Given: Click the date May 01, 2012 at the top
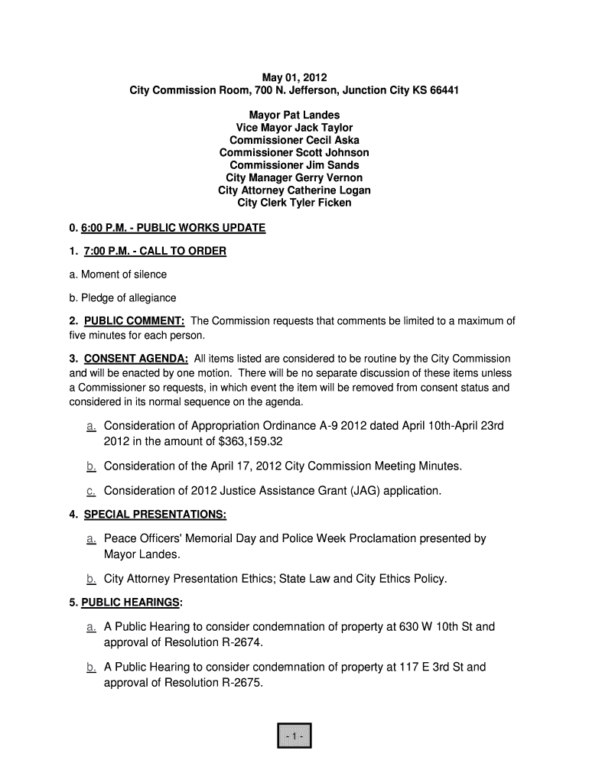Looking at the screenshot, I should coord(294,78).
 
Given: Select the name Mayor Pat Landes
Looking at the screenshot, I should coord(294,115).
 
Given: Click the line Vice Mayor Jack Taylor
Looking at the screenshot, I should coord(294,128).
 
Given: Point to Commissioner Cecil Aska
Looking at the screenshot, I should coord(294,141).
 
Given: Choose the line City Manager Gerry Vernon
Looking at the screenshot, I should coord(294,178).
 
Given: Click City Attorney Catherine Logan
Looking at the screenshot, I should coord(294,190).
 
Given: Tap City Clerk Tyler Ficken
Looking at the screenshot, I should coord(294,203).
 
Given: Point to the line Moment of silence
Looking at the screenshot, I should coord(118,274).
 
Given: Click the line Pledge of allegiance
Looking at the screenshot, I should coord(122,297).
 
